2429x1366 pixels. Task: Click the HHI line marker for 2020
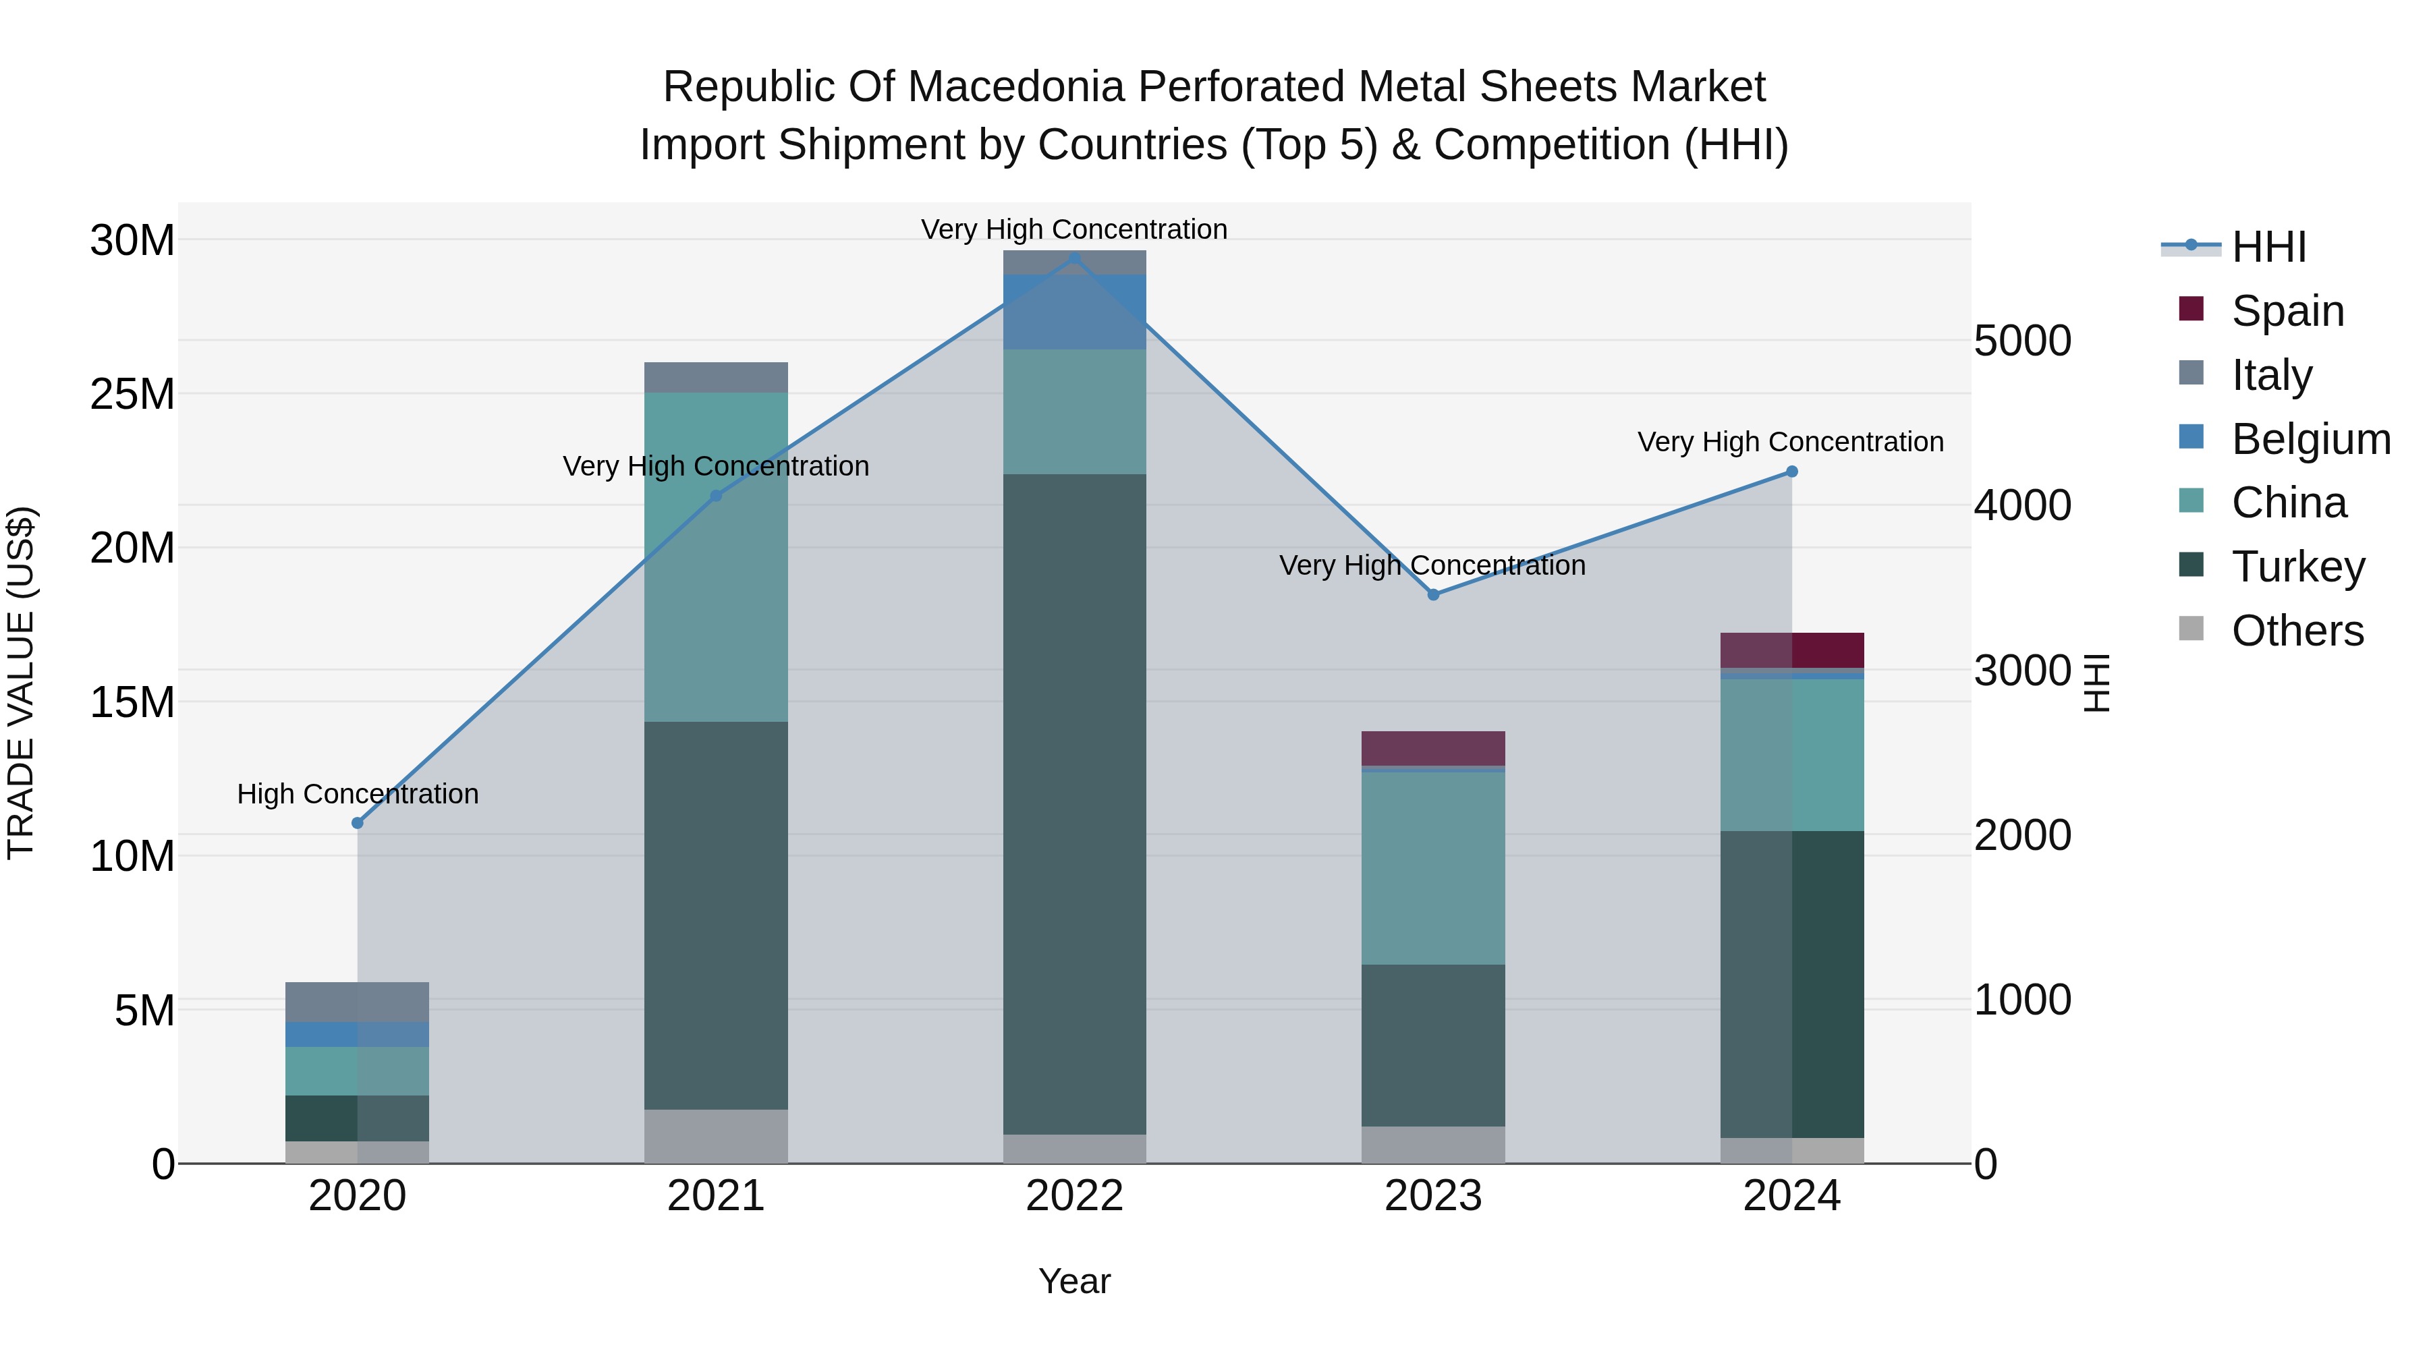(x=358, y=823)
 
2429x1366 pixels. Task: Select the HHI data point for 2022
(x=1074, y=258)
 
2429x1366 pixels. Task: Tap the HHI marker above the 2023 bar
(x=1433, y=595)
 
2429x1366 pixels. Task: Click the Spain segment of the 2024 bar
(x=1791, y=650)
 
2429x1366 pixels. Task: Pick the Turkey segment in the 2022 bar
(x=1074, y=801)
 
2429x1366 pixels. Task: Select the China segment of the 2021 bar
(x=716, y=557)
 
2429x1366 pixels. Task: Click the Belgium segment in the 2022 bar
(x=1074, y=311)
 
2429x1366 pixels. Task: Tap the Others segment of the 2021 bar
(x=716, y=1136)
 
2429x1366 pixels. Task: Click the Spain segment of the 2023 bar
(x=1433, y=749)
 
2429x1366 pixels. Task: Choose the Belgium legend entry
(x=2310, y=439)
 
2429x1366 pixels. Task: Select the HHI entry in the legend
(x=2268, y=247)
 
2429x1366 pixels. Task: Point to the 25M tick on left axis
(x=132, y=394)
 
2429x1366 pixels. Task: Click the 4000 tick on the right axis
(x=2023, y=505)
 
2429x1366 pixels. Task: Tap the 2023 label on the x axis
(x=1433, y=1196)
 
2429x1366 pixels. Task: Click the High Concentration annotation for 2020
(x=358, y=794)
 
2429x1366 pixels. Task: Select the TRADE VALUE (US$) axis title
(x=21, y=683)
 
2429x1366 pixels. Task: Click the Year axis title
(x=1074, y=1281)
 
